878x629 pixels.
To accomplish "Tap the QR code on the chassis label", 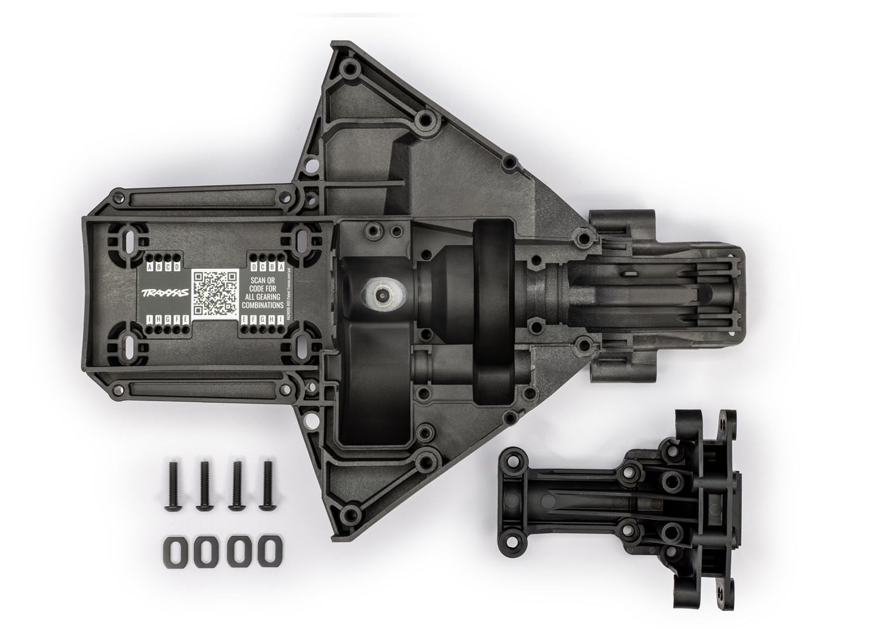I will tap(213, 293).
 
